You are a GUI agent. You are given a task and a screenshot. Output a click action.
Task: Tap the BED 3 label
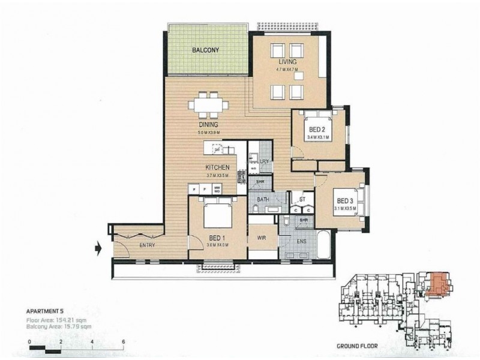pos(346,200)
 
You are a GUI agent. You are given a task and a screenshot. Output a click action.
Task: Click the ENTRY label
pos(146,245)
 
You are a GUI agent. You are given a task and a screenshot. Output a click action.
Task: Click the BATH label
pos(263,199)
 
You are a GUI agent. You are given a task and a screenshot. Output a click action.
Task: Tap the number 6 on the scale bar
pos(122,341)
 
